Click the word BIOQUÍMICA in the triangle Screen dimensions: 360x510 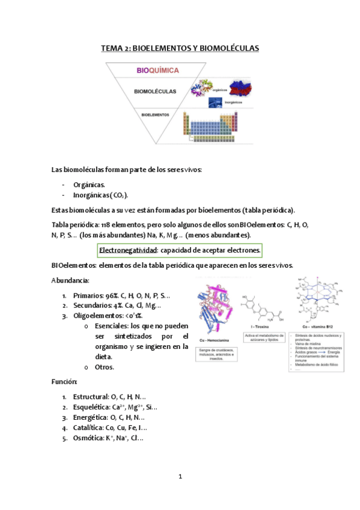[157, 71]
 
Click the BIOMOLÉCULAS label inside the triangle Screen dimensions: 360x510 [155, 92]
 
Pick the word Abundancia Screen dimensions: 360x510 [70, 280]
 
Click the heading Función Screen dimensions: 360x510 [64, 381]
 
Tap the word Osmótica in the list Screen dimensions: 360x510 [90, 438]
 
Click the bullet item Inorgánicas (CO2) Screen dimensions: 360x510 [100, 195]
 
